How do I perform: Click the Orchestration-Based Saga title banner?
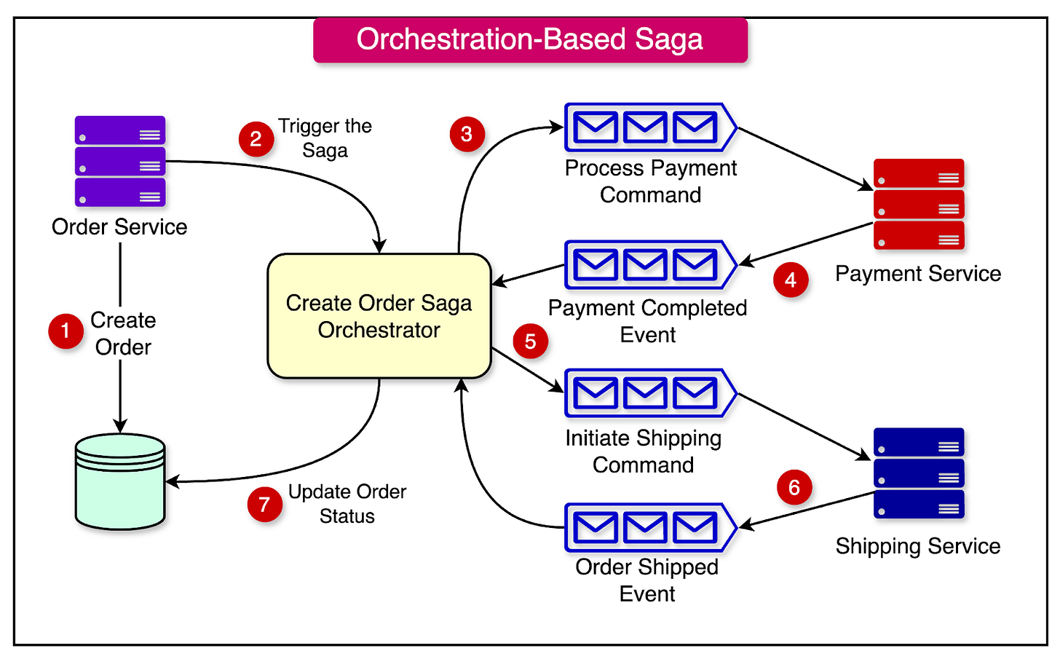click(x=530, y=40)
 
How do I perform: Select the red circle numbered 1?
click(x=66, y=331)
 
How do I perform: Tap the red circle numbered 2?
click(x=256, y=139)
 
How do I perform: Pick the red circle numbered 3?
click(x=467, y=134)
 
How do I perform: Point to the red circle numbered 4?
click(x=791, y=280)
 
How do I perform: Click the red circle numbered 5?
click(x=530, y=342)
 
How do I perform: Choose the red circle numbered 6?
click(x=794, y=487)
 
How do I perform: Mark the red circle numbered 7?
click(x=264, y=505)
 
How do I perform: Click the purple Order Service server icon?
click(x=120, y=162)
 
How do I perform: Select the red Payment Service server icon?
click(x=919, y=205)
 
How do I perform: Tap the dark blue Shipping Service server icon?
click(x=919, y=473)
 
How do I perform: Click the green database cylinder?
click(x=120, y=481)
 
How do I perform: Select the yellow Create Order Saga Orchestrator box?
click(x=379, y=316)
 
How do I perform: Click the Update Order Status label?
click(x=347, y=504)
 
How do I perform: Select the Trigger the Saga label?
click(x=325, y=138)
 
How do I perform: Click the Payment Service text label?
click(x=918, y=274)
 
